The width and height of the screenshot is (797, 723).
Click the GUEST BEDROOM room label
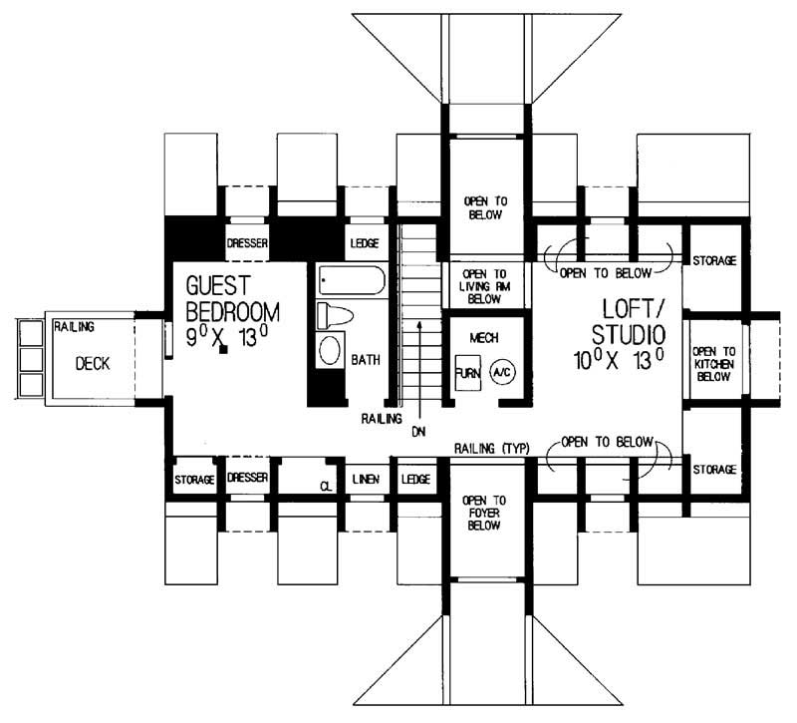[233, 298]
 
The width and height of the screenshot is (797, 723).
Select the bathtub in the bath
[352, 281]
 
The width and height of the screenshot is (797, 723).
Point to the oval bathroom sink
[330, 351]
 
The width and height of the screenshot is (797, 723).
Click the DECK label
[92, 364]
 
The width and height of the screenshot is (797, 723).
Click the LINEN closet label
[367, 480]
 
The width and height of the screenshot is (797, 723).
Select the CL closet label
[325, 486]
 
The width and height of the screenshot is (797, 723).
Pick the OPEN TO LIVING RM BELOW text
[485, 283]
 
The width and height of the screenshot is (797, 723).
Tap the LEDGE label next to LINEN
[415, 480]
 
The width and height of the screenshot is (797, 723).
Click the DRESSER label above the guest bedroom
[247, 243]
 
